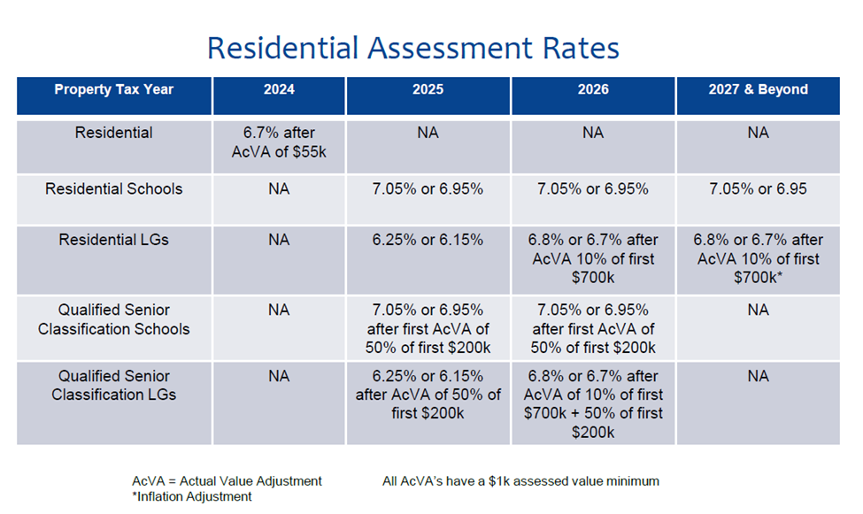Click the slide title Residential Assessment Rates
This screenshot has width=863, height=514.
pyautogui.click(x=412, y=47)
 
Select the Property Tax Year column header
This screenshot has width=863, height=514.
pyautogui.click(x=113, y=90)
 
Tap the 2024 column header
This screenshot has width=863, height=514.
pyautogui.click(x=279, y=90)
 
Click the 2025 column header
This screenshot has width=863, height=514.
pyautogui.click(x=428, y=90)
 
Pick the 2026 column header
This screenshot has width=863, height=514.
pyautogui.click(x=593, y=90)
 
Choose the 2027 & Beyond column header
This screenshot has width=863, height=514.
pyautogui.click(x=759, y=90)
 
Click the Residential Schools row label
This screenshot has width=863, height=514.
pyautogui.click(x=113, y=189)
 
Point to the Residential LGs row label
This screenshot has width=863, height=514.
pyautogui.click(x=113, y=240)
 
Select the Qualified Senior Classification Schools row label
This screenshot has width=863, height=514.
pyautogui.click(x=113, y=319)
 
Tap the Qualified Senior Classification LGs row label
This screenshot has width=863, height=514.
pyautogui.click(x=113, y=385)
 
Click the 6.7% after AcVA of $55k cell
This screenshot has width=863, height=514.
pyautogui.click(x=279, y=142)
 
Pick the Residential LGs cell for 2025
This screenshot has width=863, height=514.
pyautogui.click(x=428, y=240)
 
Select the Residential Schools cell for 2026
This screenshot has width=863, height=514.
pyautogui.click(x=593, y=189)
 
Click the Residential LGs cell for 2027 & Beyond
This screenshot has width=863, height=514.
pyautogui.click(x=759, y=258)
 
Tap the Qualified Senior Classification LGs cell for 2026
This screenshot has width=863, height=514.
pyautogui.click(x=593, y=403)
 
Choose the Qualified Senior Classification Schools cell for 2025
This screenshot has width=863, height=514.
pyautogui.click(x=428, y=328)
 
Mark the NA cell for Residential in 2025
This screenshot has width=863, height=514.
pyautogui.click(x=428, y=134)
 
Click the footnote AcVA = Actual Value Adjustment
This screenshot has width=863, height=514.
pyautogui.click(x=227, y=481)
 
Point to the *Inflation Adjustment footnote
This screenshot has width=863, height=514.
pyautogui.click(x=191, y=497)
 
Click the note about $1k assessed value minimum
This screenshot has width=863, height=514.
pyautogui.click(x=520, y=481)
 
